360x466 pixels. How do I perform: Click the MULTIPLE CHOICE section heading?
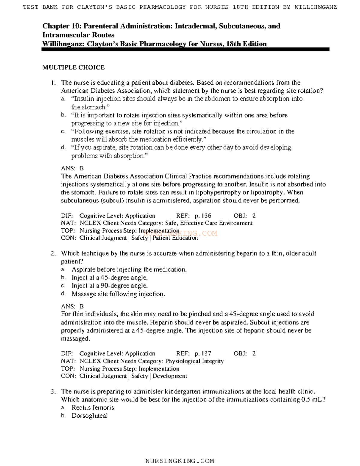tap(73, 68)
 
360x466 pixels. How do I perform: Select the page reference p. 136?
tap(203, 216)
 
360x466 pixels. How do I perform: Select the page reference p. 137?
tap(203, 353)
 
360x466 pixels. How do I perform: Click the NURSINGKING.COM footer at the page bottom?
tap(180, 461)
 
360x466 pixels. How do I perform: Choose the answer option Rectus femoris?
tap(93, 407)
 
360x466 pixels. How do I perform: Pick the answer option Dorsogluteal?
tap(89, 416)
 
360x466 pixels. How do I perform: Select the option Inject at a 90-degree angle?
tap(109, 286)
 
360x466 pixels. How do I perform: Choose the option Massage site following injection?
tap(118, 294)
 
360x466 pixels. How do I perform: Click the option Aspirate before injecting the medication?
tap(129, 269)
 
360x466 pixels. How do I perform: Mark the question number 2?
tap(53, 254)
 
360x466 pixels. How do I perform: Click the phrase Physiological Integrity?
tap(194, 361)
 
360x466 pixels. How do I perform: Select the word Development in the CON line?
tap(170, 376)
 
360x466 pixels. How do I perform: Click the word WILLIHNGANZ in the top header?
tap(316, 7)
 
